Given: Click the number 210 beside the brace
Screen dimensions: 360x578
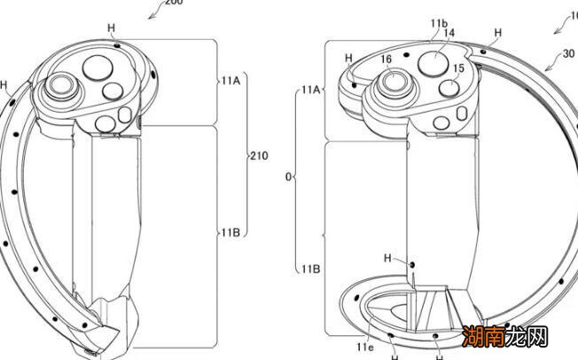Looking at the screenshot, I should click(x=260, y=156).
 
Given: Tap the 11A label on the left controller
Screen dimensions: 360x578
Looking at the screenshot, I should click(x=230, y=80).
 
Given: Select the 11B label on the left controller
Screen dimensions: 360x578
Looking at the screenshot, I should click(x=230, y=232).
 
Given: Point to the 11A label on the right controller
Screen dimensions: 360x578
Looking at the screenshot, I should click(x=310, y=90).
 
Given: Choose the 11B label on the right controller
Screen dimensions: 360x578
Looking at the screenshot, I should click(x=310, y=267).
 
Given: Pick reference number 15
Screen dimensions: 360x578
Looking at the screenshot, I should click(x=458, y=68).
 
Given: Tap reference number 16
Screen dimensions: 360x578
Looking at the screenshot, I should click(x=387, y=60).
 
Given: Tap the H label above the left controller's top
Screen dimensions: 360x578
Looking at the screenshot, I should click(x=112, y=28).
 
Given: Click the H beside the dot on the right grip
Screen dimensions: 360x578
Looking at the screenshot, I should click(x=389, y=259).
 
